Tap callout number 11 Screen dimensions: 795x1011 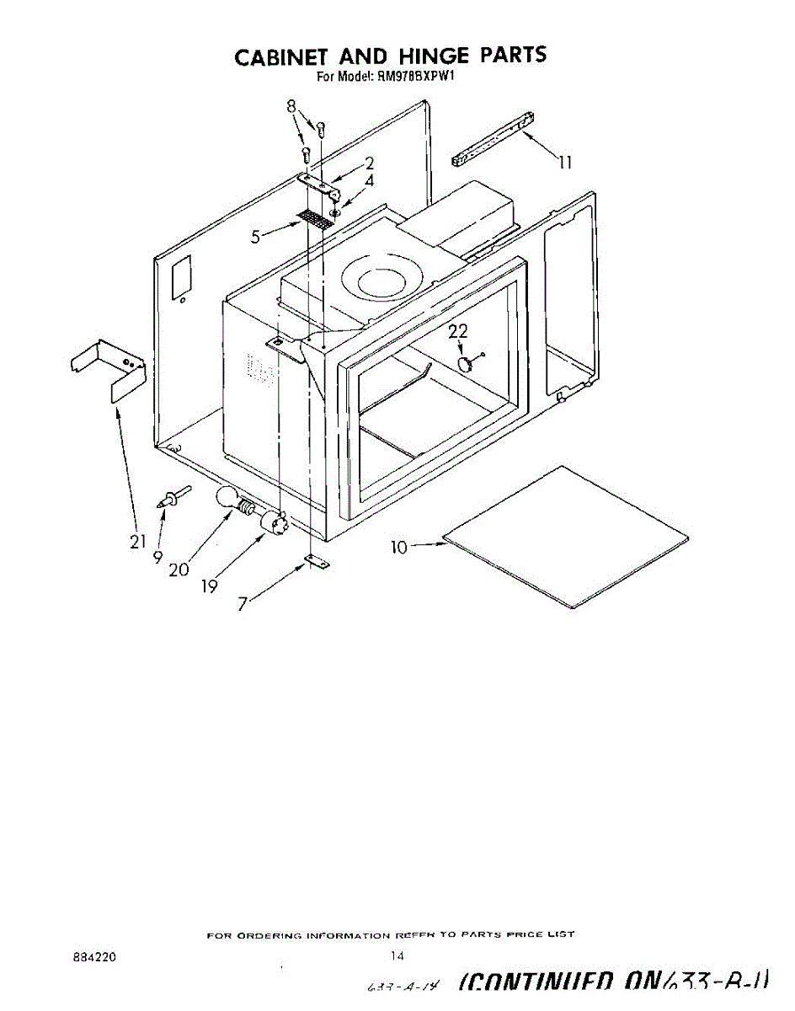[566, 163]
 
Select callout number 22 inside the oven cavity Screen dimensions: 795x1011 [457, 332]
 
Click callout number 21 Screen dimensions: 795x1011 [138, 542]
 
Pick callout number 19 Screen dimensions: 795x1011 [210, 586]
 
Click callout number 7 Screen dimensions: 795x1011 [243, 604]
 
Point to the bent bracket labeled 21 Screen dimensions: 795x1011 [109, 366]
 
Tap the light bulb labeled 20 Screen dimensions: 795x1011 [228, 498]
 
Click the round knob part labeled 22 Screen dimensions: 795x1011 [465, 362]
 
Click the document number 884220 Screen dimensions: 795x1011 [94, 956]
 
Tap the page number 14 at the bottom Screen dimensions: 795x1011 [398, 955]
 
